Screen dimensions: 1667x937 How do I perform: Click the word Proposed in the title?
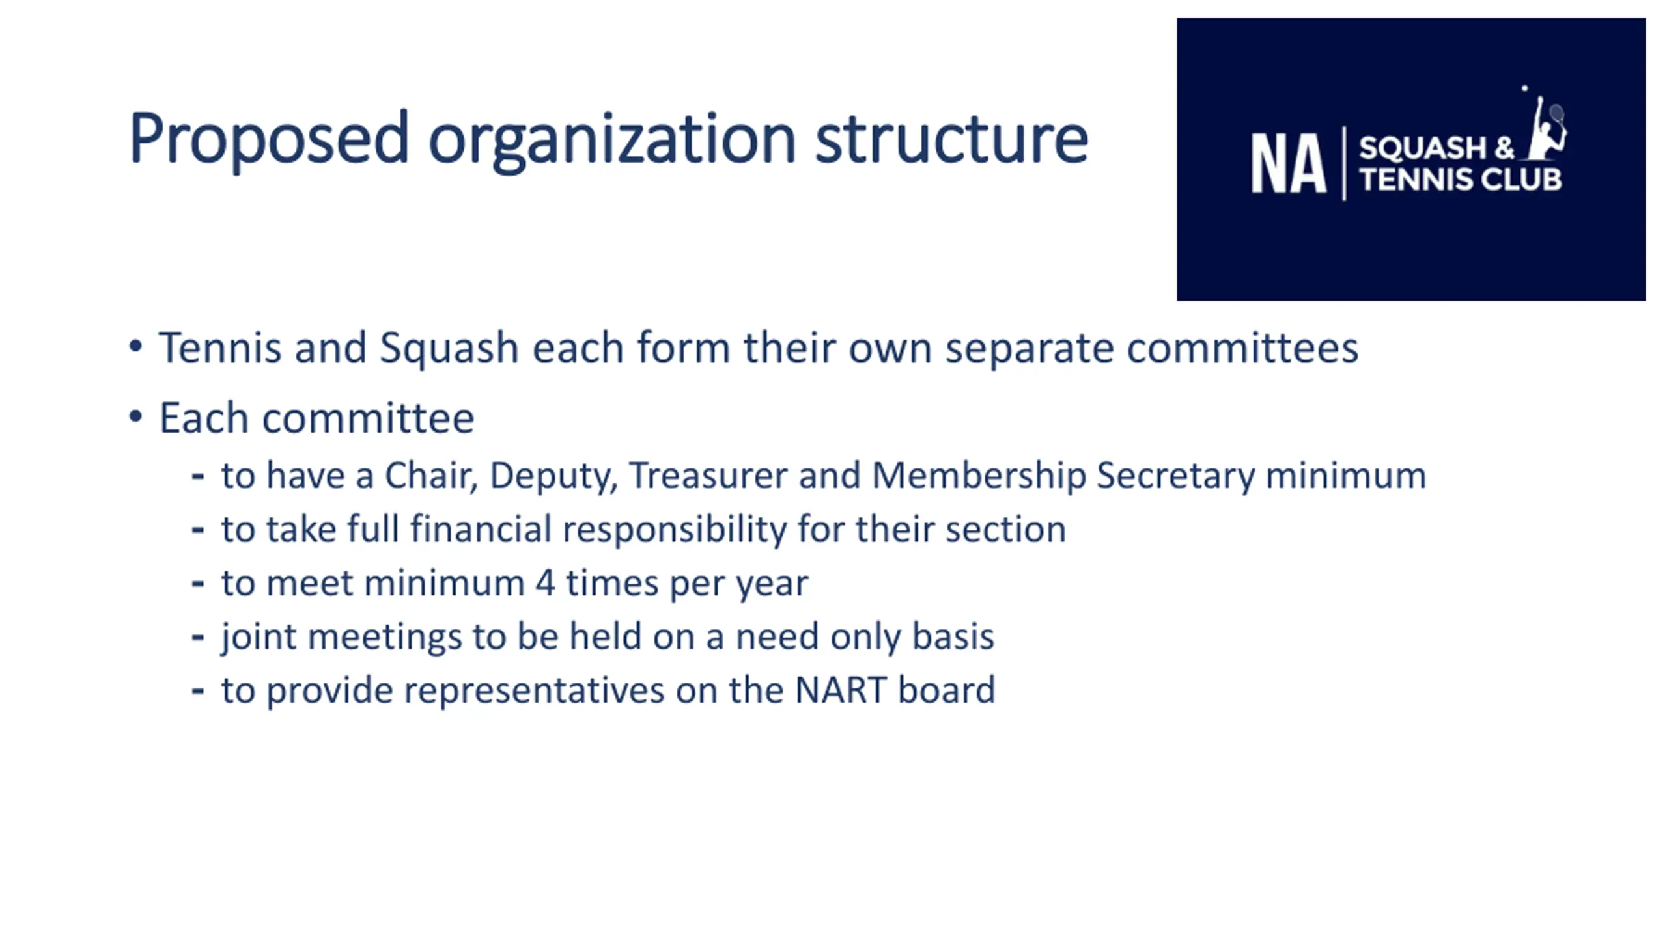(269, 140)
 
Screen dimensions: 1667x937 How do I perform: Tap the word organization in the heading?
(612, 140)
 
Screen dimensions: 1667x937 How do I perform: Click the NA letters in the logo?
(1288, 163)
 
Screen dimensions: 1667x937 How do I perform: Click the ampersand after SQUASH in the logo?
(1505, 148)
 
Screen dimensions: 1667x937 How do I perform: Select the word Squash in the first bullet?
(449, 349)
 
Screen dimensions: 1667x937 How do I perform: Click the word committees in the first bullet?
(1242, 348)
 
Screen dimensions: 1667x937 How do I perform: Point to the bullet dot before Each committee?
(135, 416)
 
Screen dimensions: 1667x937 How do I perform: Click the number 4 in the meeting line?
(545, 582)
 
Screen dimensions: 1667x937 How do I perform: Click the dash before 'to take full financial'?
(198, 530)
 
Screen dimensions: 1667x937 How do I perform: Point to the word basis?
(953, 636)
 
